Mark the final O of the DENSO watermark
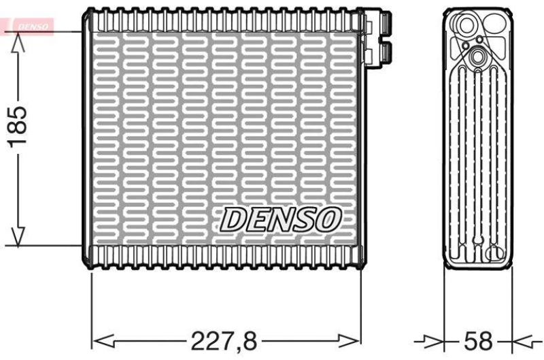tap(329, 219)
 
